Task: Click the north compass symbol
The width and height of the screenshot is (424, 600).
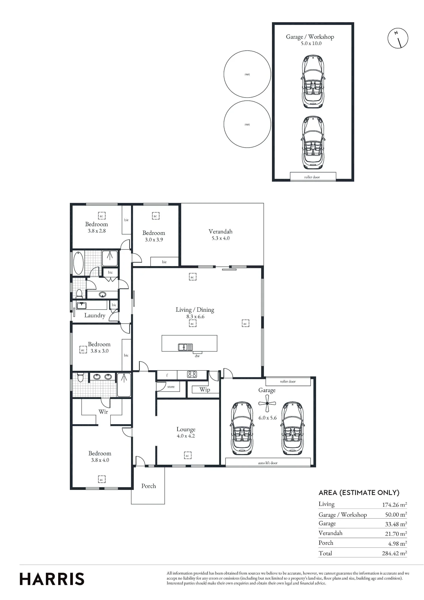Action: pos(398,38)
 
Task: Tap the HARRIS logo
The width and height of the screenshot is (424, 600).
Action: pos(52,579)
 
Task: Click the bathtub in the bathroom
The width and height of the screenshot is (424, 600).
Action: pos(78,263)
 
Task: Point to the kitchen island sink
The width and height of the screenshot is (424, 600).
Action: pos(186,347)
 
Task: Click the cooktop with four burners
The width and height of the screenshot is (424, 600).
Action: pos(192,374)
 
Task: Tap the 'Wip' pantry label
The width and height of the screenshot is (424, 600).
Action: pos(205,389)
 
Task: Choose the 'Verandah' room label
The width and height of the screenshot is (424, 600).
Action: pos(220,232)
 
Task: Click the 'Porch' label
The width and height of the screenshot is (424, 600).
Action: pos(149,486)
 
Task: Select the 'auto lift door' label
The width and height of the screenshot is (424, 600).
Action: pos(268,463)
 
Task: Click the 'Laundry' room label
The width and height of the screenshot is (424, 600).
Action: pos(95,315)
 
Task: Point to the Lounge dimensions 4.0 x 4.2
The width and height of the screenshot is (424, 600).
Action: pos(186,436)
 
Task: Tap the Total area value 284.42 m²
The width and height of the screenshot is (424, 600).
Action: pos(394,553)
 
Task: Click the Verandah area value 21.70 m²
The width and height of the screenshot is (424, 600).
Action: pos(396,533)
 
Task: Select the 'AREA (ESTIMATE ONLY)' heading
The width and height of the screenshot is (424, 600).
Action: pos(359,492)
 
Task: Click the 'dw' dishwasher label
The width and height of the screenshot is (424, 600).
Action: pos(197,356)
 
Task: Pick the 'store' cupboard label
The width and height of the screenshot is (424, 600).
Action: pos(171,387)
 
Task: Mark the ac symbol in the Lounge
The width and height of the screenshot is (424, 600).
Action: pos(187,455)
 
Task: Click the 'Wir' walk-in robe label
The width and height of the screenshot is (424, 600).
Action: pos(103,412)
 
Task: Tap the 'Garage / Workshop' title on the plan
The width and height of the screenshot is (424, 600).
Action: pos(310,37)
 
